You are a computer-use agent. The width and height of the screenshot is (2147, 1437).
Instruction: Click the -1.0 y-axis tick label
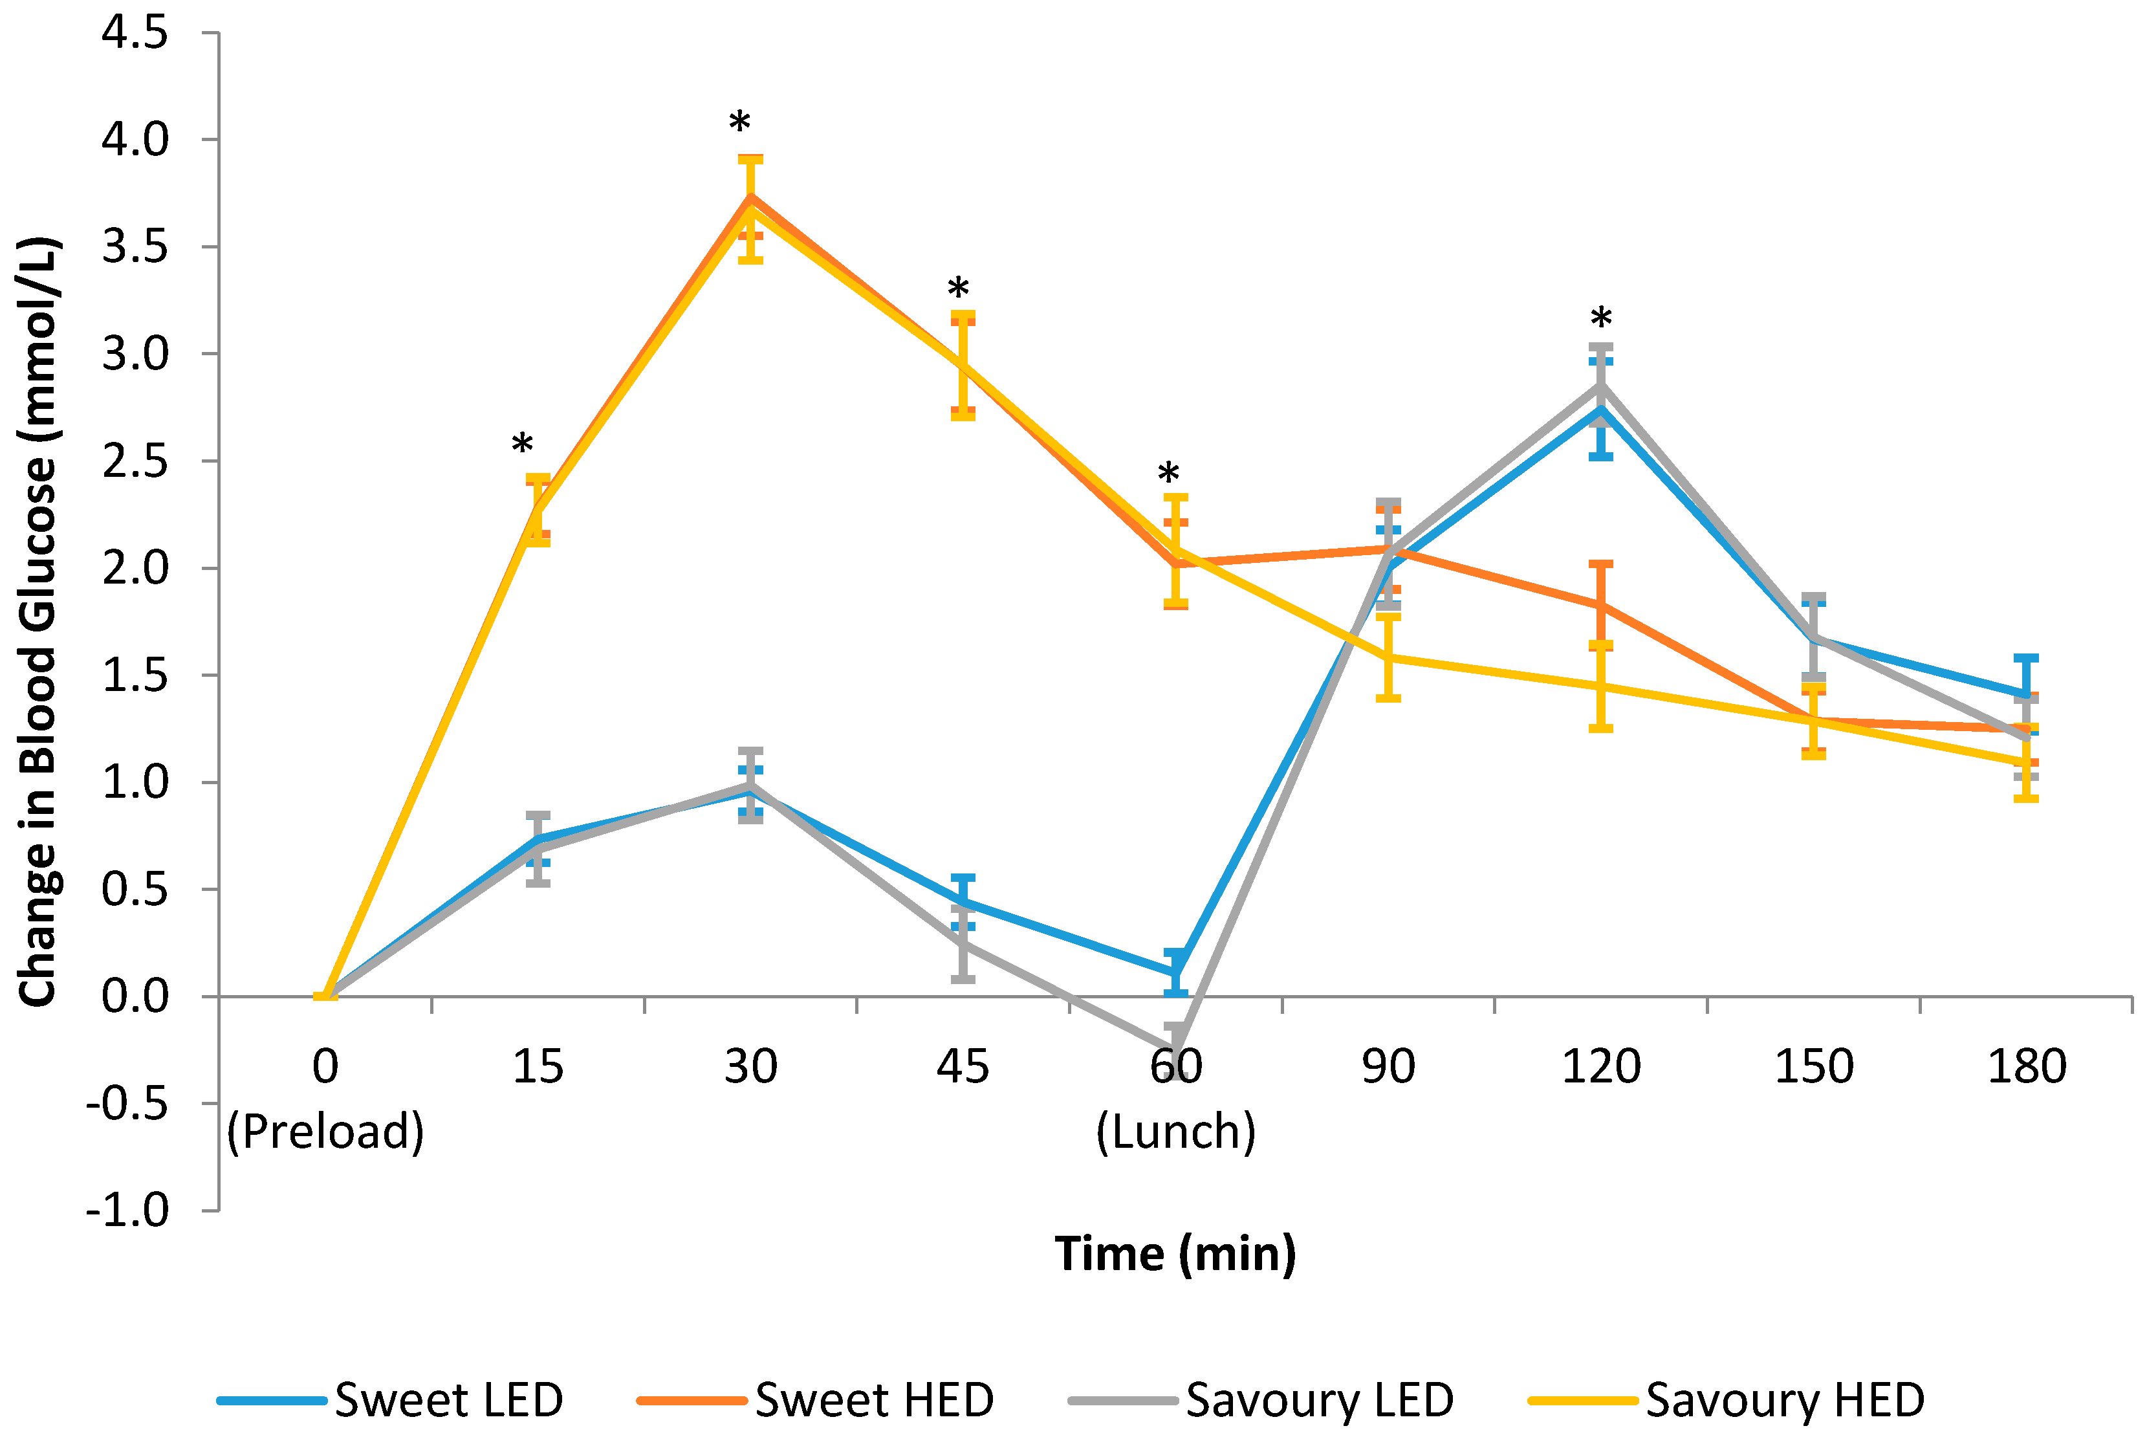[127, 1211]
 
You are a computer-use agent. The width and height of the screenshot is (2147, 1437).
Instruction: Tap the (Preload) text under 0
[325, 1132]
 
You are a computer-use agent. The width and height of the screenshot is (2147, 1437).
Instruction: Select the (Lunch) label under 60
[1175, 1132]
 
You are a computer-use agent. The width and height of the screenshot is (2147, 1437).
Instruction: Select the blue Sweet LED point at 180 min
[2026, 695]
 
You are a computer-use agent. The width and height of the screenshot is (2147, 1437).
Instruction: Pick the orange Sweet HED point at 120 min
[1601, 606]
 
